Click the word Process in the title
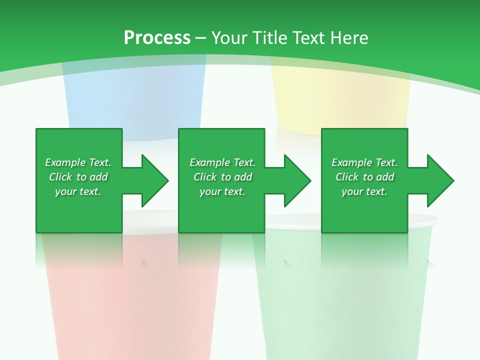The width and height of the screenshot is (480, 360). point(157,38)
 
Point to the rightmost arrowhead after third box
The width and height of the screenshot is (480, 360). point(439,180)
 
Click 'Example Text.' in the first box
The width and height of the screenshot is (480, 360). point(78,162)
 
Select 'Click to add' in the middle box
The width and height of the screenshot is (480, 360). point(222,177)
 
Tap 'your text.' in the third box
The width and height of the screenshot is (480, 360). point(364,191)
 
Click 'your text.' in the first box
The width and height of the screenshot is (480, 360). point(78,191)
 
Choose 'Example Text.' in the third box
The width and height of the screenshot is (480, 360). point(364,162)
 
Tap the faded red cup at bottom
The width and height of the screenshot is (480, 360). point(132,305)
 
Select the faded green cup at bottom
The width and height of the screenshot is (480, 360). point(345,305)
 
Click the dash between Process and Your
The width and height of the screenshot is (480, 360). point(200,38)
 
